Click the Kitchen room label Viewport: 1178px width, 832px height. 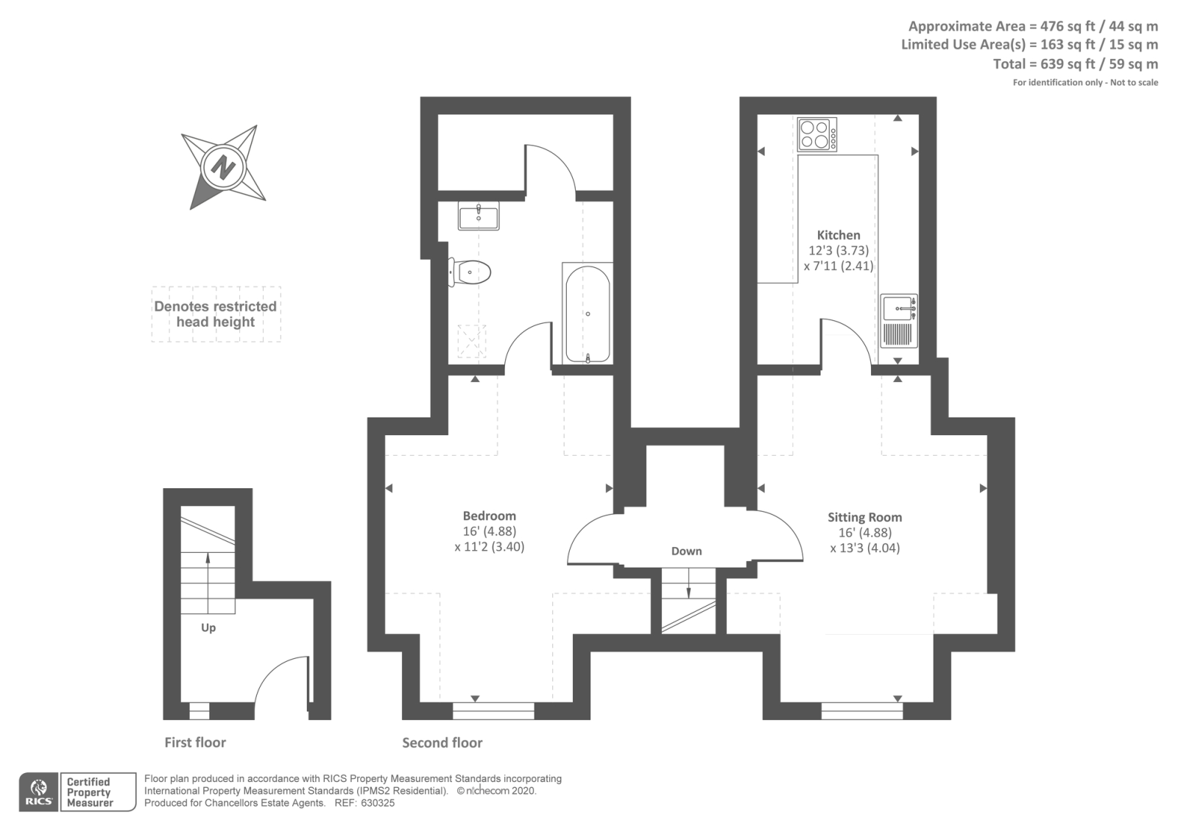(838, 235)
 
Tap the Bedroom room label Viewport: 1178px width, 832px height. (489, 516)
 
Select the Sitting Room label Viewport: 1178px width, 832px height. (864, 518)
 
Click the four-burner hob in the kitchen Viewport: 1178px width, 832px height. (817, 135)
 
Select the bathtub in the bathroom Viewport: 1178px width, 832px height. (587, 313)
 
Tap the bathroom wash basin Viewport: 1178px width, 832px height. (479, 216)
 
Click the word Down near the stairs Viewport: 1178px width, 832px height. (686, 551)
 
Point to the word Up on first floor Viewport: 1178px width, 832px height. (208, 628)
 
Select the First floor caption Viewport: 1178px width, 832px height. (195, 742)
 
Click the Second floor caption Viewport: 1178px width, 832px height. (442, 743)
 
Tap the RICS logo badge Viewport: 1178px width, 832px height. (39, 792)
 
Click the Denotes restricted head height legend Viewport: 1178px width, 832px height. (215, 314)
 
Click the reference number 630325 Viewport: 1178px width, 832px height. (377, 803)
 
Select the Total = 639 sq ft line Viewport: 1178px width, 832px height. (1075, 64)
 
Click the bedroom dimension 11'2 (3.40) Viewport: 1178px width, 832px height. (490, 547)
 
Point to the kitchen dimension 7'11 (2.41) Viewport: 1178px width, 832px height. (838, 266)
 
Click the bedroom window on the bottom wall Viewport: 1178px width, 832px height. (493, 711)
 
